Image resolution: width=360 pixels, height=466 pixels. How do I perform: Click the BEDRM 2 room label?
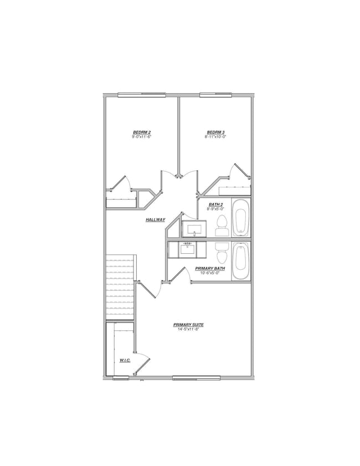142,132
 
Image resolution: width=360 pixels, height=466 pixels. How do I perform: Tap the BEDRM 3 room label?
215,132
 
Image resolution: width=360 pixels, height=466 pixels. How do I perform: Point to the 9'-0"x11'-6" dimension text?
142,136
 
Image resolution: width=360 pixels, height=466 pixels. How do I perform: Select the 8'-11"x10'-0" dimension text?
215,136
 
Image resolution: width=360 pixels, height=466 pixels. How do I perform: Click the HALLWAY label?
156,220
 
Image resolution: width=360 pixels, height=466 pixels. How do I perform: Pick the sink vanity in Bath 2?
194,228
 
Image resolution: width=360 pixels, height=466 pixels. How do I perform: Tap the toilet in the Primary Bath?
222,253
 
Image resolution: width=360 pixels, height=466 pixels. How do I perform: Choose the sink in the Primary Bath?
187,249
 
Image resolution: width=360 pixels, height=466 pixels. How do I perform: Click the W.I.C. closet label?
125,361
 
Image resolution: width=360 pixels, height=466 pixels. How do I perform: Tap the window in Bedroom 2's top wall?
141,95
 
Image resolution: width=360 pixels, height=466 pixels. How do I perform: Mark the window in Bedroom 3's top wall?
215,95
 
